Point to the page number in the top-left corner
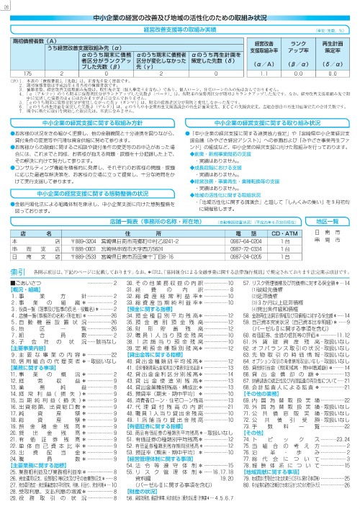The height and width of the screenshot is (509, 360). click(7, 4)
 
